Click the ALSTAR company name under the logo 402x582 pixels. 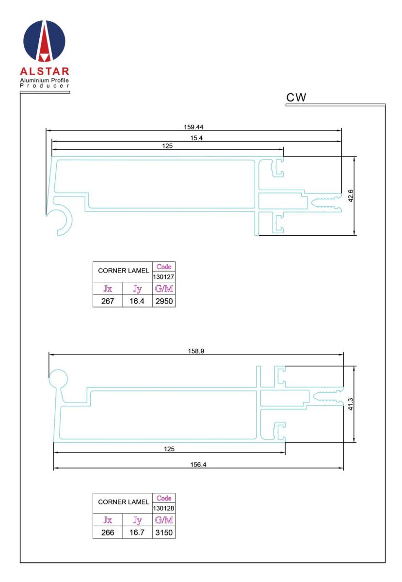[45, 71]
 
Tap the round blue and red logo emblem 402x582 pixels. [44, 41]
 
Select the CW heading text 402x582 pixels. [296, 97]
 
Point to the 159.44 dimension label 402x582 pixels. [193, 127]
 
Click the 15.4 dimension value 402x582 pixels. [196, 138]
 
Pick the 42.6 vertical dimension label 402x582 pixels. [351, 196]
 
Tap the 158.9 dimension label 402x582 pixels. [196, 351]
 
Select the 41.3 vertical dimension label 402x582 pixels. [350, 404]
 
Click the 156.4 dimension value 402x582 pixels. [198, 464]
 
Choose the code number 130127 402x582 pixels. [163, 277]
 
